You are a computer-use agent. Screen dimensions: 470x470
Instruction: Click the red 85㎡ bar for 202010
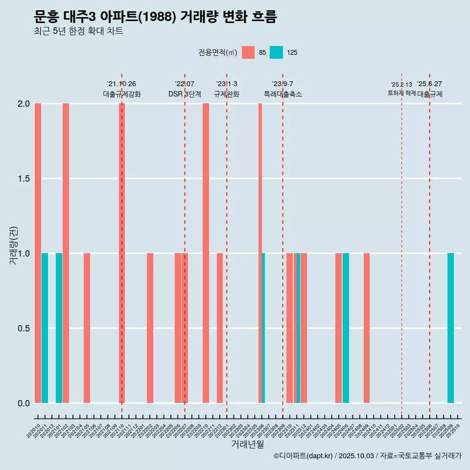click(x=38, y=253)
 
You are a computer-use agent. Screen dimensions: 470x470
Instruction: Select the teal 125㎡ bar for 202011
click(x=45, y=328)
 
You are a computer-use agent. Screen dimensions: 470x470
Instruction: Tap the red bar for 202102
click(x=66, y=253)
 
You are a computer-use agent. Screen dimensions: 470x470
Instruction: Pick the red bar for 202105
click(x=87, y=328)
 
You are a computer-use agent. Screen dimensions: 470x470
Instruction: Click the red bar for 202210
click(x=206, y=253)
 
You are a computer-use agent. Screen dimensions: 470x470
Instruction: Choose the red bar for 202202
click(x=150, y=328)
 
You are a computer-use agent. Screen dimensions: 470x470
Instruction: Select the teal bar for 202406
click(x=346, y=328)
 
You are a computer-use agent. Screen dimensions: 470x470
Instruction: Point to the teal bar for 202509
click(x=450, y=328)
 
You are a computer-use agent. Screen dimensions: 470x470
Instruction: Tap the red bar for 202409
click(x=367, y=328)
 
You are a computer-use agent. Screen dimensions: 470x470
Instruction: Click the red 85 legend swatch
click(x=248, y=52)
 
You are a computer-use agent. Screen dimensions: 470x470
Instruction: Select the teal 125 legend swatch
click(x=276, y=52)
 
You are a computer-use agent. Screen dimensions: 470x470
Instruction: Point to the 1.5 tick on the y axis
click(x=23, y=179)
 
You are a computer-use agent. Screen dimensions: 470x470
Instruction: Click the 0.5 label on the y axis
click(x=23, y=329)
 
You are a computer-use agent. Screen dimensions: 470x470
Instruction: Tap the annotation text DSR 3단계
click(x=185, y=94)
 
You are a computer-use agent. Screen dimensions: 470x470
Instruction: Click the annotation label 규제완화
click(x=227, y=94)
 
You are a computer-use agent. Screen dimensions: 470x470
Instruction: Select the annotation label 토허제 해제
click(x=401, y=93)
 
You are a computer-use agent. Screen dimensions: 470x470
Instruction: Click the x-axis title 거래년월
click(x=247, y=445)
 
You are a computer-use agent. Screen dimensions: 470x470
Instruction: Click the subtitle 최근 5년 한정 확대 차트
click(x=78, y=31)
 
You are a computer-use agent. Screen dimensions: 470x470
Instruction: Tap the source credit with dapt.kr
click(x=367, y=456)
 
